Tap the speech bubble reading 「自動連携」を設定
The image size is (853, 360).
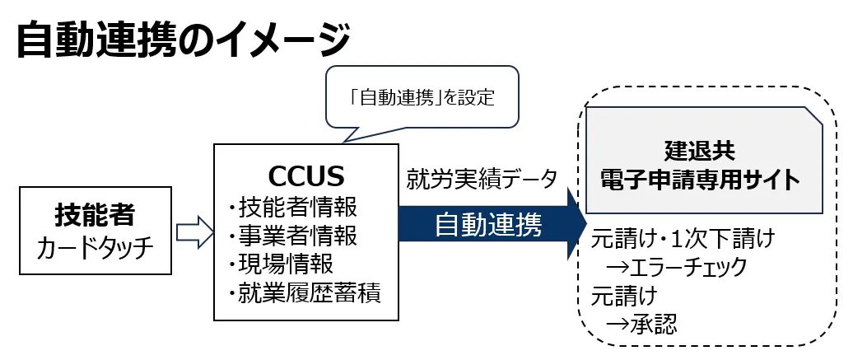[x=423, y=98]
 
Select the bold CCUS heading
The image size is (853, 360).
[x=306, y=176]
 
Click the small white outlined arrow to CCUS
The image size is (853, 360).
[x=193, y=231]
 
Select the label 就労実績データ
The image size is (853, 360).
[x=482, y=179]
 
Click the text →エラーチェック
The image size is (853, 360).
[x=675, y=267]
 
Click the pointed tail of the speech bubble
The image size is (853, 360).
[x=352, y=135]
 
